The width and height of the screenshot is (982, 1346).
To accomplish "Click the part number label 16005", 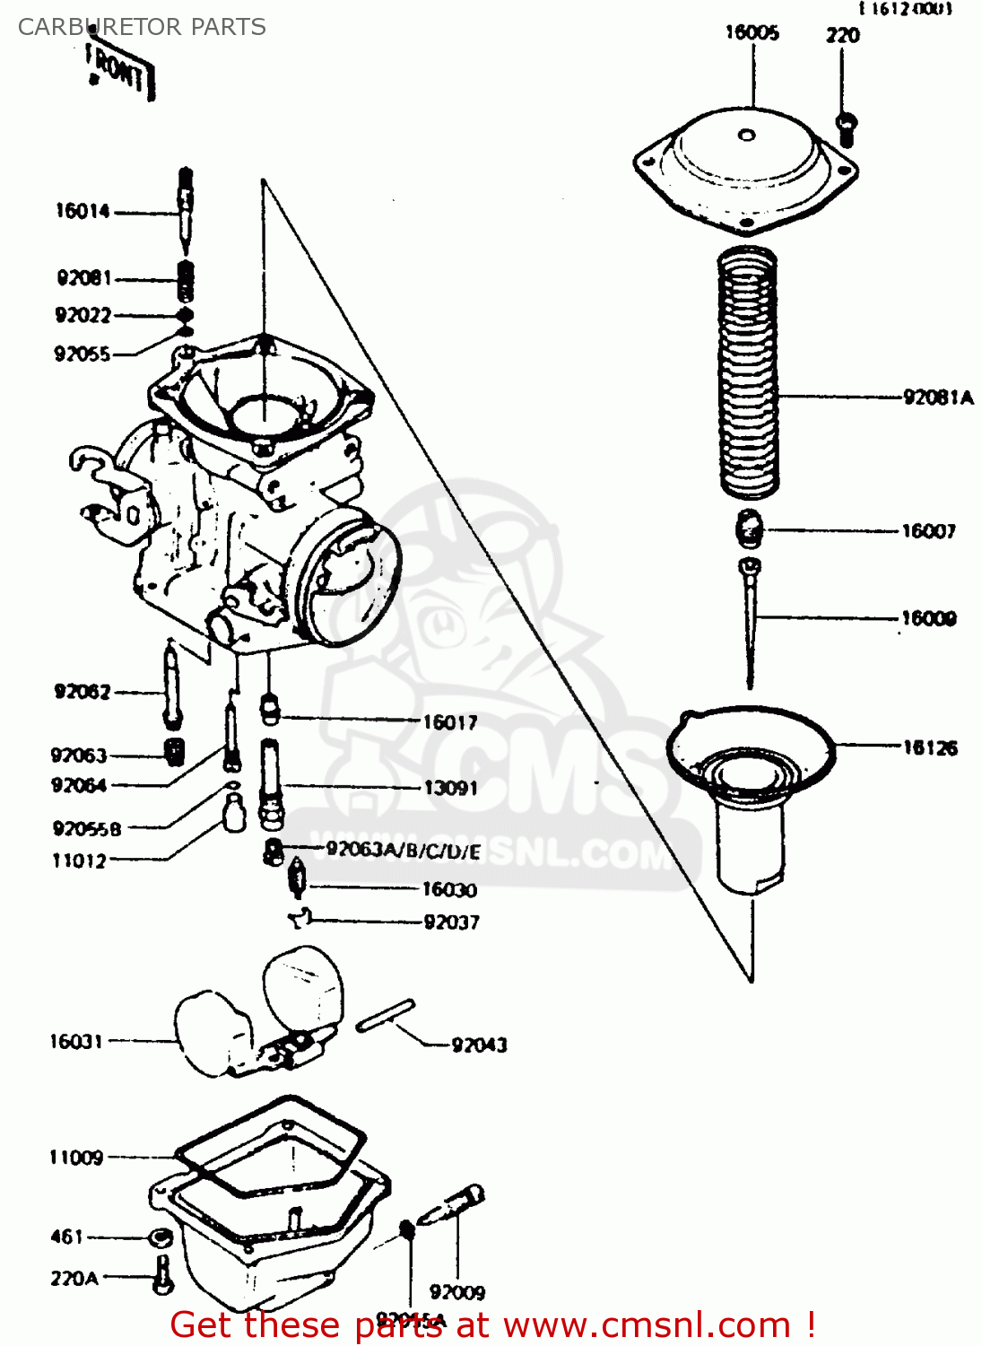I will click(752, 33).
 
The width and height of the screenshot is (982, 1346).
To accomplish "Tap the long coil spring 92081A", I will click(748, 372).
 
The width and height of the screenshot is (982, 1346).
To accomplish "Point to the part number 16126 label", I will click(929, 747).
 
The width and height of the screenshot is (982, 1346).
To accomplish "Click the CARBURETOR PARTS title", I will click(142, 27).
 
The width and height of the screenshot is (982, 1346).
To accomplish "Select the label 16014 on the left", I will click(83, 212).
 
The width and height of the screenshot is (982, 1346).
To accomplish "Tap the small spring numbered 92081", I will click(186, 281).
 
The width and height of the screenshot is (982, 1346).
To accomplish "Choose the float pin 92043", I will click(385, 1016).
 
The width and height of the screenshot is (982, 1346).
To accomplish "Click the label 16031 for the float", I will click(76, 1042).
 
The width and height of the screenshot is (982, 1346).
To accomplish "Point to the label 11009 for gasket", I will click(76, 1158).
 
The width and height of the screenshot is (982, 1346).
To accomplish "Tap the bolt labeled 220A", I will click(162, 1274).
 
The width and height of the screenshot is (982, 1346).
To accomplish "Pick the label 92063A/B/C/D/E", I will click(403, 851).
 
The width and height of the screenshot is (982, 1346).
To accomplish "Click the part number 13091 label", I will click(450, 788).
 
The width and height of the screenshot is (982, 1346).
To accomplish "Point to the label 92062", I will click(83, 692).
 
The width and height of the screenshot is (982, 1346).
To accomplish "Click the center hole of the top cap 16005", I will click(746, 136).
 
